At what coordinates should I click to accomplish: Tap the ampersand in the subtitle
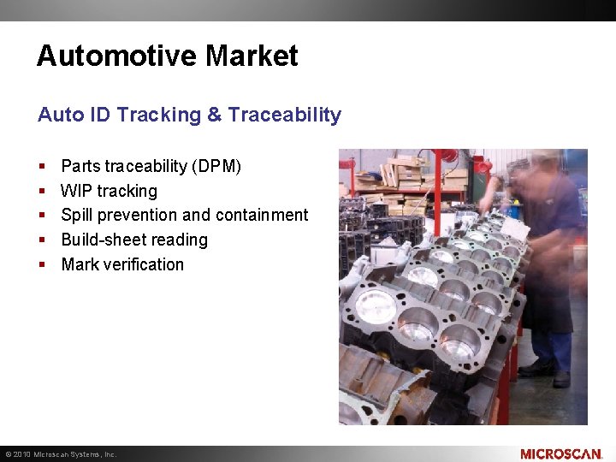click(215, 115)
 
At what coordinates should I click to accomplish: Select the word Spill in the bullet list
click(77, 216)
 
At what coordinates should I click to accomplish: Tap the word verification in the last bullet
click(144, 265)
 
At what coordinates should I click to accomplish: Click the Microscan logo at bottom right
click(560, 453)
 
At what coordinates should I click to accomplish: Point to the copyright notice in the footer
click(60, 454)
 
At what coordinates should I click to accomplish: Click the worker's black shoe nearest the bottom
click(560, 379)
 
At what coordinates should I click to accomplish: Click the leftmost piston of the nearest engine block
click(374, 304)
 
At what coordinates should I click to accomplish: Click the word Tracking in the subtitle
click(158, 115)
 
